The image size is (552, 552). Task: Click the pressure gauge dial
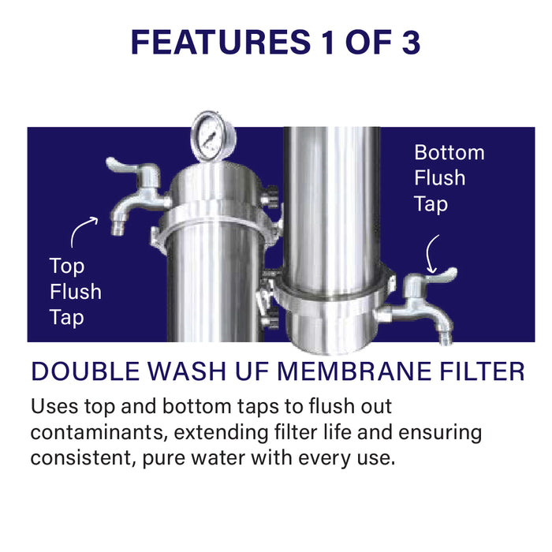tap(208, 136)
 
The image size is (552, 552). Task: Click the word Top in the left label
tap(67, 267)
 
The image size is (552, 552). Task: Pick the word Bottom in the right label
tap(449, 152)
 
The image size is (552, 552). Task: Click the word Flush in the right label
tap(440, 178)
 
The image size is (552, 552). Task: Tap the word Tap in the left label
tap(67, 318)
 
